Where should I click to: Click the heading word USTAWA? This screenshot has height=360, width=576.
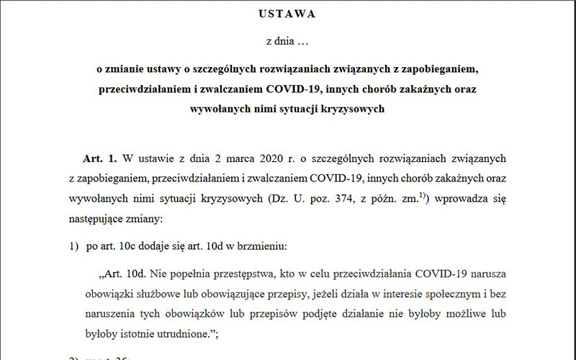click(287, 13)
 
